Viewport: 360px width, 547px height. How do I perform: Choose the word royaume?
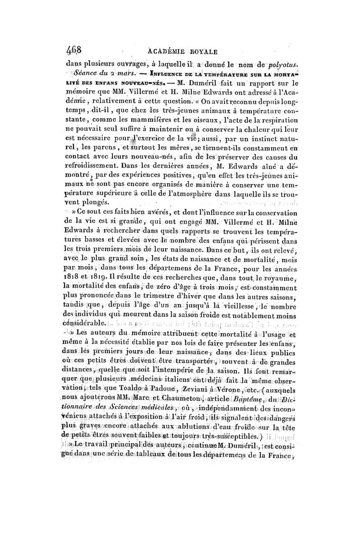(x=280, y=272)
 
